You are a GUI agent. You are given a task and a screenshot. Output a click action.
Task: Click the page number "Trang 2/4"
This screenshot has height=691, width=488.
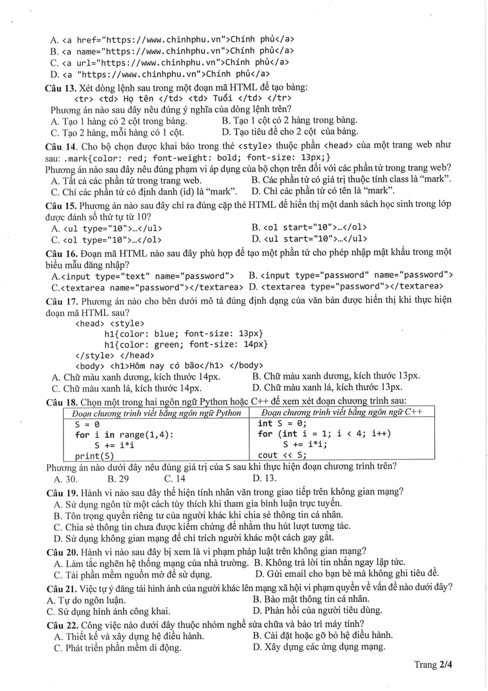433,664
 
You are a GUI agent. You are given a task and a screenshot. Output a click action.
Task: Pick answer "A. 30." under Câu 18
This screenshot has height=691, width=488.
66,478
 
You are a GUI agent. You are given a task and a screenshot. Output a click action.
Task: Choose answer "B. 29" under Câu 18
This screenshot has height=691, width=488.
118,478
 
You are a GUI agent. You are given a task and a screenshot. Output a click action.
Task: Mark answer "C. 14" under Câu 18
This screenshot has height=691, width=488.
175,478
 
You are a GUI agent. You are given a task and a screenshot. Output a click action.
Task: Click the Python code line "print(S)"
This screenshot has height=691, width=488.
95,456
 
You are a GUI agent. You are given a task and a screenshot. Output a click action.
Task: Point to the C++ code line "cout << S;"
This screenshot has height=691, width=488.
282,455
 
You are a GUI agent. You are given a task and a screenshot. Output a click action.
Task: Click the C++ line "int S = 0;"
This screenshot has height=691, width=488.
282,424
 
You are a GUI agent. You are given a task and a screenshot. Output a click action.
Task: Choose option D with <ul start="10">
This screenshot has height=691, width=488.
309,239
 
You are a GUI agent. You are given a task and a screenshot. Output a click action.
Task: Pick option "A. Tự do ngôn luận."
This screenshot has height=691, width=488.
86,599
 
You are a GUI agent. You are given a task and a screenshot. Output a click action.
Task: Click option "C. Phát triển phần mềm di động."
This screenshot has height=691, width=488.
118,648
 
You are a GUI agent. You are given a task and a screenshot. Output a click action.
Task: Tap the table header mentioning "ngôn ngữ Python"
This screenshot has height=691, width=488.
157,413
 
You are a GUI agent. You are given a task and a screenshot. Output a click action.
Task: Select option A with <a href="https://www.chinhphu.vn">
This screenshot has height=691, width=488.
173,40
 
